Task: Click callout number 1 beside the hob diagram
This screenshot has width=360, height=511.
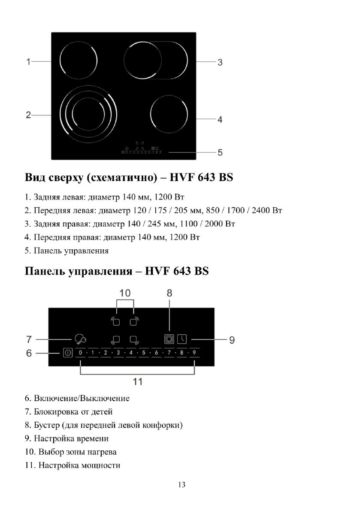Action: pyautogui.click(x=28, y=61)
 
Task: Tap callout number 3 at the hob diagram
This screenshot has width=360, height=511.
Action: pyautogui.click(x=219, y=62)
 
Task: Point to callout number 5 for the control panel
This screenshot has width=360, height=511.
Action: pyautogui.click(x=219, y=152)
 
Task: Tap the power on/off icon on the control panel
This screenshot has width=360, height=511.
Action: pyautogui.click(x=67, y=353)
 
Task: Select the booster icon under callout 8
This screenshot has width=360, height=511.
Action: pyautogui.click(x=169, y=339)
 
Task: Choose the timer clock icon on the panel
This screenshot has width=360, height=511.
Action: pyautogui.click(x=183, y=339)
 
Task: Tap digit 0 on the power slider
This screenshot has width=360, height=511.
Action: pyautogui.click(x=80, y=353)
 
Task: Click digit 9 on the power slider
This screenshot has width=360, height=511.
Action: pyautogui.click(x=194, y=353)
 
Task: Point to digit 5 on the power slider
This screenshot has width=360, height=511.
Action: pyautogui.click(x=144, y=353)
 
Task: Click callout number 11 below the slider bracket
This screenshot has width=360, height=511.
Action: pyautogui.click(x=137, y=381)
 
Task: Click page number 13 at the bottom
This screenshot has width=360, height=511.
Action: pyautogui.click(x=181, y=485)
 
